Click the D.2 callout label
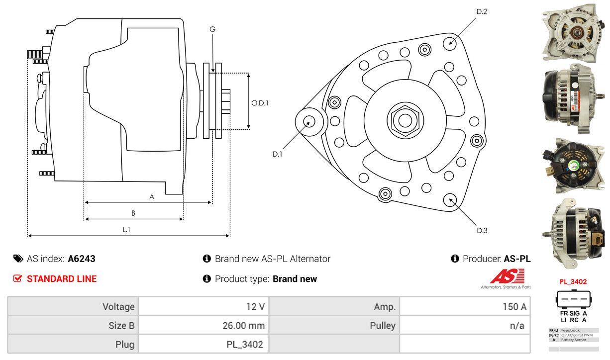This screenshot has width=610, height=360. point(481,11)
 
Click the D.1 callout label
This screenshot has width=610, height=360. point(277,154)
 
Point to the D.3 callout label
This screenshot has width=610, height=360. point(482,230)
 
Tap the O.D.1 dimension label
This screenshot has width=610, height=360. point(260,103)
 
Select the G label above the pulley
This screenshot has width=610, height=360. point(212,29)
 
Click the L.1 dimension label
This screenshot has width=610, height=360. point(126,229)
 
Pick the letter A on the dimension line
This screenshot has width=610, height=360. point(152,197)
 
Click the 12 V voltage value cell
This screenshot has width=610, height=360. point(255,307)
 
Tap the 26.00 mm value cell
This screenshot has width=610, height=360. point(243,326)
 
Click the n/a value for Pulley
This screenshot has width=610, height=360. point(517,326)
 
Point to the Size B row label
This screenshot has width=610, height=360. point(121,326)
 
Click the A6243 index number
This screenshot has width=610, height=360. point(82,259)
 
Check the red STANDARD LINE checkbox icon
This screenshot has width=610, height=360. point(18,278)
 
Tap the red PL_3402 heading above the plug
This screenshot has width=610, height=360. point(573,281)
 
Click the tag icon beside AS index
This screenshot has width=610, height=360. point(18,259)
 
